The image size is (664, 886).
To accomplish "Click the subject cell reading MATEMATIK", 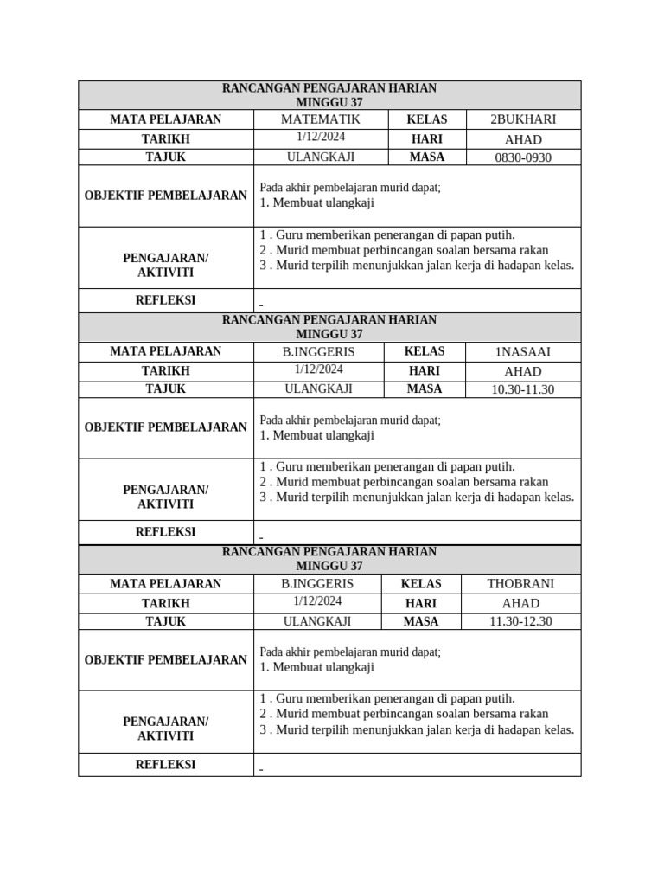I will tap(320, 119).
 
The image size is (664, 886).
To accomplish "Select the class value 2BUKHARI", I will tap(523, 119).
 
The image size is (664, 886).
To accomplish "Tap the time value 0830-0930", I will tap(523, 157).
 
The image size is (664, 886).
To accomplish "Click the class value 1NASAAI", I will tap(522, 351).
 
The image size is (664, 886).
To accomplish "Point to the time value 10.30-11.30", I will tap(522, 389).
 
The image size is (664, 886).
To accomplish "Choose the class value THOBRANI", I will tap(520, 584).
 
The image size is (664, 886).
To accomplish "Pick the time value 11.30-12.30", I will tap(520, 621).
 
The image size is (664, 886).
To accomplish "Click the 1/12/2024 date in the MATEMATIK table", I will tap(320, 138).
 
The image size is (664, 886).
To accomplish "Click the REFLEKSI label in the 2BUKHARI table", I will tap(165, 300).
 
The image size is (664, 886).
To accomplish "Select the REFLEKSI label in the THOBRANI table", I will tap(165, 765).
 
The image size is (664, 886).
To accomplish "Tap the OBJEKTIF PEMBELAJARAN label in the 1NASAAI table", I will tap(165, 427).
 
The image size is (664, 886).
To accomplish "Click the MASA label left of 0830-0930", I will tap(426, 157).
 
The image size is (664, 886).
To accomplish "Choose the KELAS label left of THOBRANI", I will tap(421, 584).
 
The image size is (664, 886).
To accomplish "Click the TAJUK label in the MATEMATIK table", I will tap(165, 157).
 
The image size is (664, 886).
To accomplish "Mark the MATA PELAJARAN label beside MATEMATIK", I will tap(165, 119).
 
